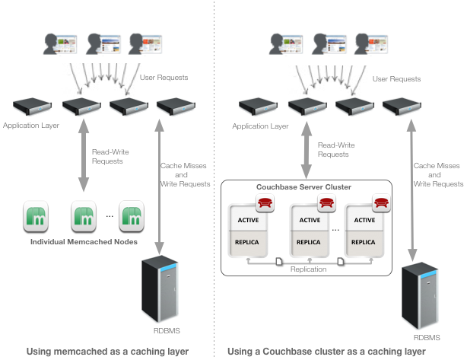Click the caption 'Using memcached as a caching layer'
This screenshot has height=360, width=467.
[107, 351]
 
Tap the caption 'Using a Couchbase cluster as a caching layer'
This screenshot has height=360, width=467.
[337, 351]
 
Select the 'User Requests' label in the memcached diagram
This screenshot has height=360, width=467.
[164, 78]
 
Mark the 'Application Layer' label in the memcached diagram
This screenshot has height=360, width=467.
[29, 125]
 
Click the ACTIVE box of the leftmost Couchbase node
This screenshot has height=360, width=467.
[248, 221]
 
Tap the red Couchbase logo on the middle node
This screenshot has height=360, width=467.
[326, 203]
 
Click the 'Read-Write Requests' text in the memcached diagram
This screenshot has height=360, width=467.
[110, 157]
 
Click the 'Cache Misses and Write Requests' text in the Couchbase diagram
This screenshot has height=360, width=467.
[437, 174]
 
